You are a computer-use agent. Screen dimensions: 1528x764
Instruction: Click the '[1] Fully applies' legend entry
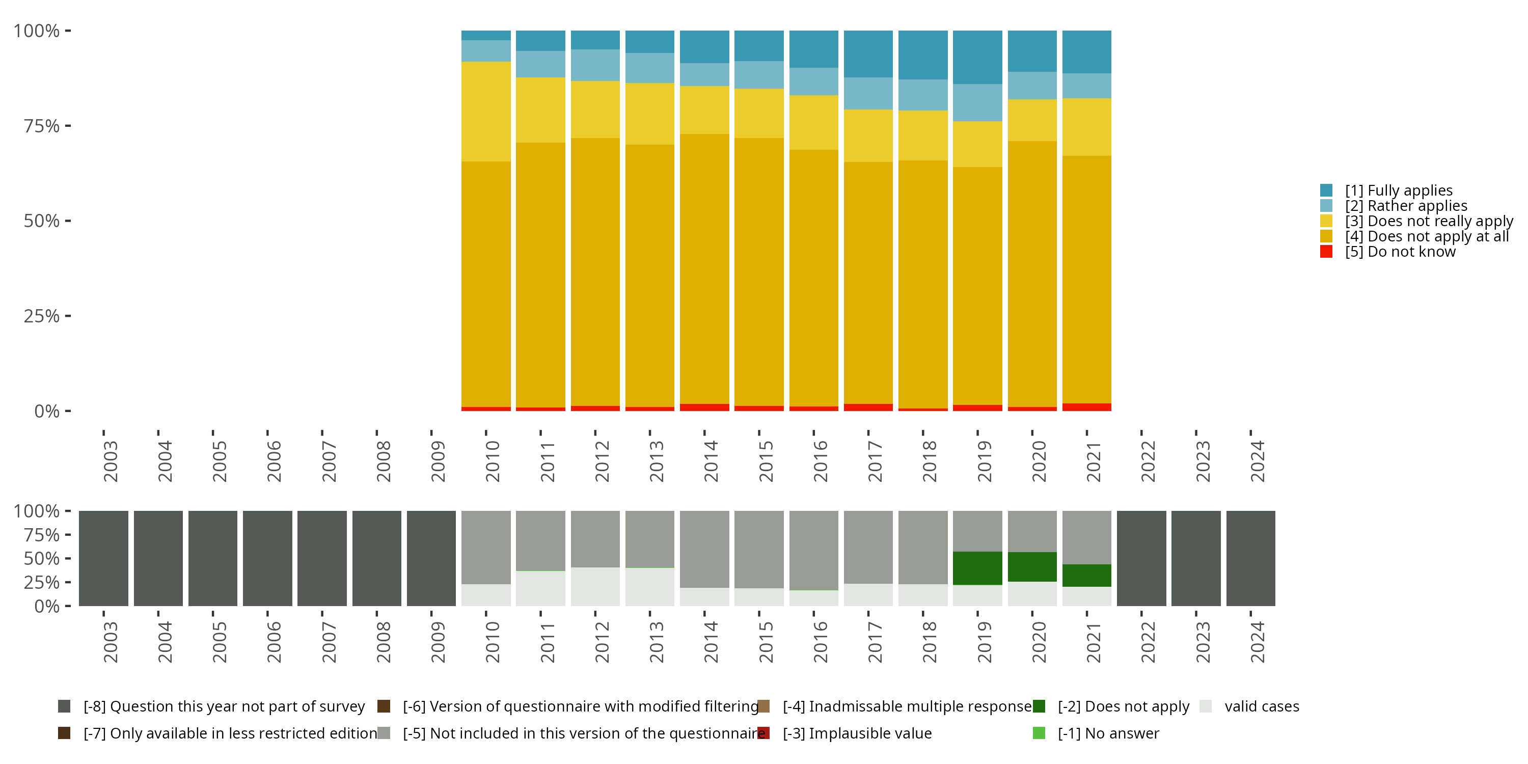coord(1386,190)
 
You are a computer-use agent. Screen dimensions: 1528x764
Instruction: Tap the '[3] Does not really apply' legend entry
coord(1416,221)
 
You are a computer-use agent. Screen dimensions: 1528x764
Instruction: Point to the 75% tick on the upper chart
coord(68,126)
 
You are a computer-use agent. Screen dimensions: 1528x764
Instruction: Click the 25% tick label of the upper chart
coord(42,316)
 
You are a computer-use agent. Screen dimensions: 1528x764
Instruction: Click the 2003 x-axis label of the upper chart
coord(111,461)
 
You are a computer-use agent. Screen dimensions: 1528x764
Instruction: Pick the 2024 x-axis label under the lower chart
coord(1258,642)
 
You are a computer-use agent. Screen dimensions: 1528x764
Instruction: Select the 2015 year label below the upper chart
coord(766,461)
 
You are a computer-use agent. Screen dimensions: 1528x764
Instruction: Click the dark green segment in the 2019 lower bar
coord(977,568)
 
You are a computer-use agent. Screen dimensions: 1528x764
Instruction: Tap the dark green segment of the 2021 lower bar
coord(1087,576)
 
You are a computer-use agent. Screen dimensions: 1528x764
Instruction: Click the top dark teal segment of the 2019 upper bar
coord(977,58)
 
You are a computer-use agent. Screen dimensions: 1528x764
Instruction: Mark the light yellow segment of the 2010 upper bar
coord(486,112)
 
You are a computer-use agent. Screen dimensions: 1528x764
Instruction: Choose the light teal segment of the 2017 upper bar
coord(868,94)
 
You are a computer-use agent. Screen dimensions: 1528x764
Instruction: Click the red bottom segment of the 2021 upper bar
coord(1087,407)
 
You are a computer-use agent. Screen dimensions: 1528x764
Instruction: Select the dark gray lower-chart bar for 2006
coord(267,558)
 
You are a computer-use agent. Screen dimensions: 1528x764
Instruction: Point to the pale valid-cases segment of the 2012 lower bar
coord(595,587)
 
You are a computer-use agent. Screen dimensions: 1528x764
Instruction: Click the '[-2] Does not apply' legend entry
coord(1111,706)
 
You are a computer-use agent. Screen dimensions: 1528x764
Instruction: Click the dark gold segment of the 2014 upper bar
coord(704,269)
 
